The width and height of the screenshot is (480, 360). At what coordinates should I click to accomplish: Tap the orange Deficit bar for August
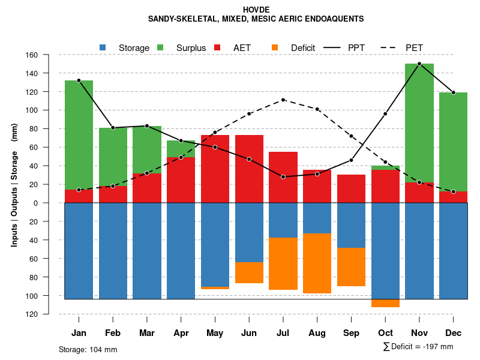point(317,263)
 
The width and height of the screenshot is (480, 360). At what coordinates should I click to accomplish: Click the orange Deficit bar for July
point(283,263)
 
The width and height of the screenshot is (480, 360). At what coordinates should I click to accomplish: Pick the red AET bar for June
point(249,169)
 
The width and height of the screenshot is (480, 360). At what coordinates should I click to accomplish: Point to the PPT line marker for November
point(419,64)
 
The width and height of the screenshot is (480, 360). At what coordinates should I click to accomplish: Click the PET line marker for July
point(283,100)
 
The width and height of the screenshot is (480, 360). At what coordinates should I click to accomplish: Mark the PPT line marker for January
point(79,80)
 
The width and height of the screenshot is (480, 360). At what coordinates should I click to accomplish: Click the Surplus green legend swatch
point(161,47)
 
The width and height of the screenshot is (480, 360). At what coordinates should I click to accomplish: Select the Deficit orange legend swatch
point(275,47)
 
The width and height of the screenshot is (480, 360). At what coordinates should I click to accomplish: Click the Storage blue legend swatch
point(103,47)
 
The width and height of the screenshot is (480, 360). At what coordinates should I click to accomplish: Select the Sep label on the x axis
point(351,333)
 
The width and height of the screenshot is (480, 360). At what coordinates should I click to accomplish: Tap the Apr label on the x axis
point(181,333)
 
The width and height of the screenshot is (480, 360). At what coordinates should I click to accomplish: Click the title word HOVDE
point(256,10)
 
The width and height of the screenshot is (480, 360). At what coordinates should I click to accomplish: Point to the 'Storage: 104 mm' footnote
point(88,349)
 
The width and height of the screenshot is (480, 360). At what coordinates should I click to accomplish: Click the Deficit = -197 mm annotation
point(418,347)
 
